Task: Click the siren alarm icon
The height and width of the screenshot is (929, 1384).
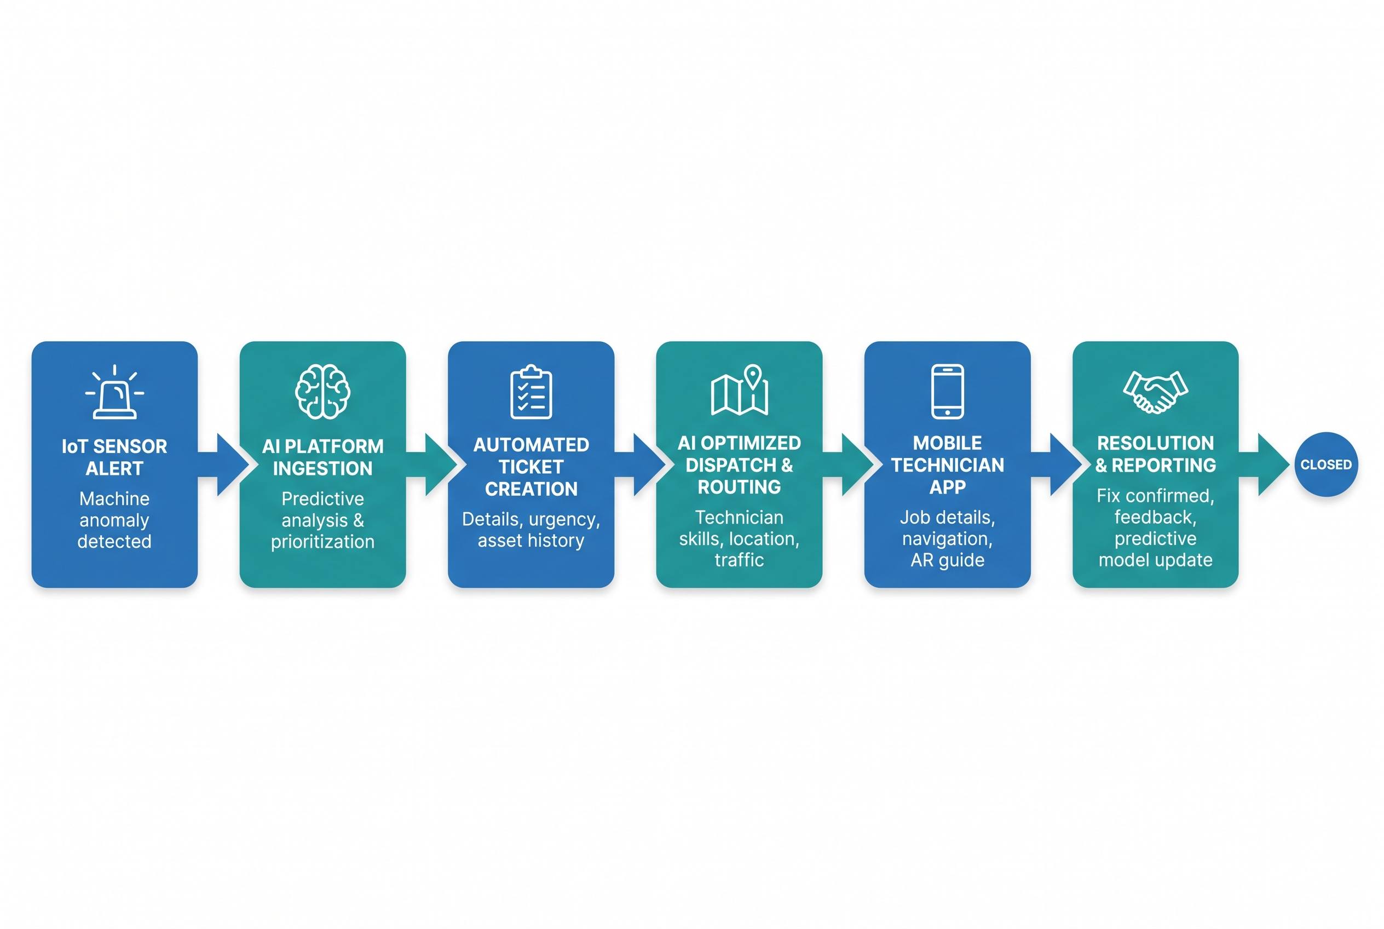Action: tap(114, 392)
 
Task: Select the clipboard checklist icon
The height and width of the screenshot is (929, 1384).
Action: tap(530, 392)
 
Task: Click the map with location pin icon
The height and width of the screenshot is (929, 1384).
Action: tap(739, 390)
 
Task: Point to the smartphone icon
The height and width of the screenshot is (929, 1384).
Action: tap(948, 392)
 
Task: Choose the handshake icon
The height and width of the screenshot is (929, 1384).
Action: tap(1155, 392)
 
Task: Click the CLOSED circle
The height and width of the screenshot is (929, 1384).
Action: tap(1326, 464)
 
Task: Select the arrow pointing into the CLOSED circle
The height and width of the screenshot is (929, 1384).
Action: tap(1264, 464)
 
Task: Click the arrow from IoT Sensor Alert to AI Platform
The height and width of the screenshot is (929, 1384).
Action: tap(223, 464)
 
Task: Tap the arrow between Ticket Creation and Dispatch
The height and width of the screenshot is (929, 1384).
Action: tap(640, 464)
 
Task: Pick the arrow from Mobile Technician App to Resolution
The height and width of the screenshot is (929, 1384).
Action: tap(1057, 464)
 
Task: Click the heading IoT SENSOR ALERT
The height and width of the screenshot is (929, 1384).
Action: tap(114, 457)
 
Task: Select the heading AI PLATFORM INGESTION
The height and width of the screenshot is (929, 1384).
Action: tap(323, 457)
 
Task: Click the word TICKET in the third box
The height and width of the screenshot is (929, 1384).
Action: tap(531, 467)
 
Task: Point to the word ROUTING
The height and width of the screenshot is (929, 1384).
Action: tap(739, 487)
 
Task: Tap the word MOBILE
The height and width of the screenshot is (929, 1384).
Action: tap(948, 443)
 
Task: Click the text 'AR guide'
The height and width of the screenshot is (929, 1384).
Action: tap(948, 560)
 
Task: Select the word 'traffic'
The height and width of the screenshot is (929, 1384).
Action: tap(739, 560)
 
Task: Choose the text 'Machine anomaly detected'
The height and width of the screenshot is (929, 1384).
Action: tap(114, 520)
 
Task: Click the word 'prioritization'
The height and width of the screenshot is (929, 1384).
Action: tap(323, 542)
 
